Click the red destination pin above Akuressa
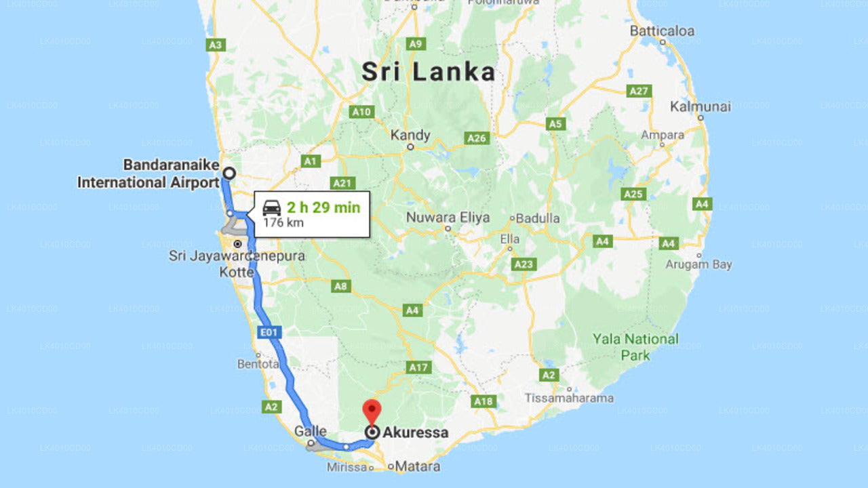point(372,411)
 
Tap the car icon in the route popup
point(272,208)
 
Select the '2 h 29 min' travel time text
point(323,207)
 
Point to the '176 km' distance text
point(283,223)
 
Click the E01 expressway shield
point(270,333)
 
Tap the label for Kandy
point(410,135)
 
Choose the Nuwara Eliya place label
point(448,218)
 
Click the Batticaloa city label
point(662,31)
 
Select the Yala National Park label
point(635,346)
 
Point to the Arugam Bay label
point(698,264)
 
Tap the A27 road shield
point(639,91)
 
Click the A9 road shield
point(416,43)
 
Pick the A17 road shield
point(419,367)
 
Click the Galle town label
point(311,431)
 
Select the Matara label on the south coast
point(417,466)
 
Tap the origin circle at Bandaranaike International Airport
point(229,173)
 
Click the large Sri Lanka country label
point(428,72)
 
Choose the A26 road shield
point(477,138)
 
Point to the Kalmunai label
point(701,106)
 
